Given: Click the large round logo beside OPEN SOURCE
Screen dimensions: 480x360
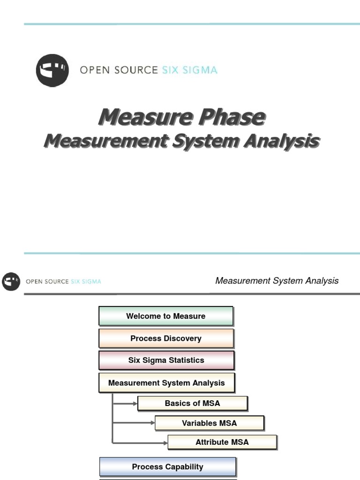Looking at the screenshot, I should tap(52, 70).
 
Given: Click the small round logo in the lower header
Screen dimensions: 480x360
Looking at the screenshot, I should tap(11, 281).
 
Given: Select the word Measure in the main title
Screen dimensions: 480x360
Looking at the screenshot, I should tap(144, 117).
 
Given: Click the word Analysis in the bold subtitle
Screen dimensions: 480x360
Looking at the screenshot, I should tap(280, 141).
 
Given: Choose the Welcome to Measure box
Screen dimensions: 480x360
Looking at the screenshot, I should tap(165, 316).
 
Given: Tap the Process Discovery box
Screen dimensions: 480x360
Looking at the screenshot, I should tap(165, 338).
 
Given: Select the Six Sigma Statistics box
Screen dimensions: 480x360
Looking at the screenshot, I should tap(166, 360).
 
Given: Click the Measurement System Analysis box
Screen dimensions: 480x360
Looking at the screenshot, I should tap(166, 382).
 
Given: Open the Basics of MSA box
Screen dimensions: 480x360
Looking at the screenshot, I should tap(192, 403).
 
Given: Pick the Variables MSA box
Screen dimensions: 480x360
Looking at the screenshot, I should tap(209, 423).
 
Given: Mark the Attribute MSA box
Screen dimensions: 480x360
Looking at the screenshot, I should tap(222, 442).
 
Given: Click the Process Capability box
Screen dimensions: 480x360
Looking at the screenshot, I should tap(167, 466).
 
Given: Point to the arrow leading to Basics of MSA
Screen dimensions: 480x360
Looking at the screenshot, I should tap(126, 403).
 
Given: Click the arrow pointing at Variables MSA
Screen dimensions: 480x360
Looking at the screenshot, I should tap(135, 423).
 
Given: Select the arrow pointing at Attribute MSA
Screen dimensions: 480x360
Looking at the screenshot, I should tap(141, 442).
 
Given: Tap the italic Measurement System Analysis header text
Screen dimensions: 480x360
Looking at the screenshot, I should tap(277, 281).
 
